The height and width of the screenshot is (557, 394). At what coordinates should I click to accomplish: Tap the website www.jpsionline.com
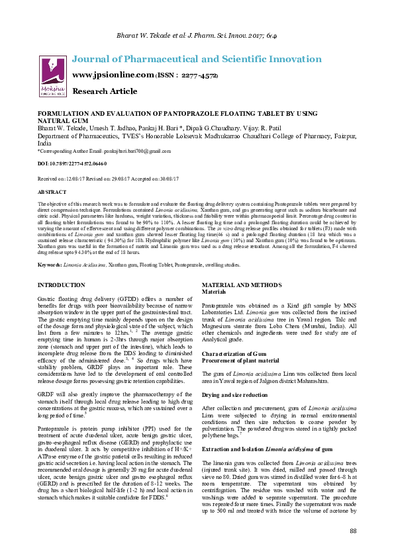pos(112,75)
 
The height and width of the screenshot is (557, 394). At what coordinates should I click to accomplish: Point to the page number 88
pos(353,531)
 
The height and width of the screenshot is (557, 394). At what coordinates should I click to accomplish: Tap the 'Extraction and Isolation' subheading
pos(230,449)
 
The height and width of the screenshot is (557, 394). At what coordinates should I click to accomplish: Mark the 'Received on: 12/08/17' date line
pos(66,179)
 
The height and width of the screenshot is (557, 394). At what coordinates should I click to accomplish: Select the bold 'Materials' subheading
pos(214,291)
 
